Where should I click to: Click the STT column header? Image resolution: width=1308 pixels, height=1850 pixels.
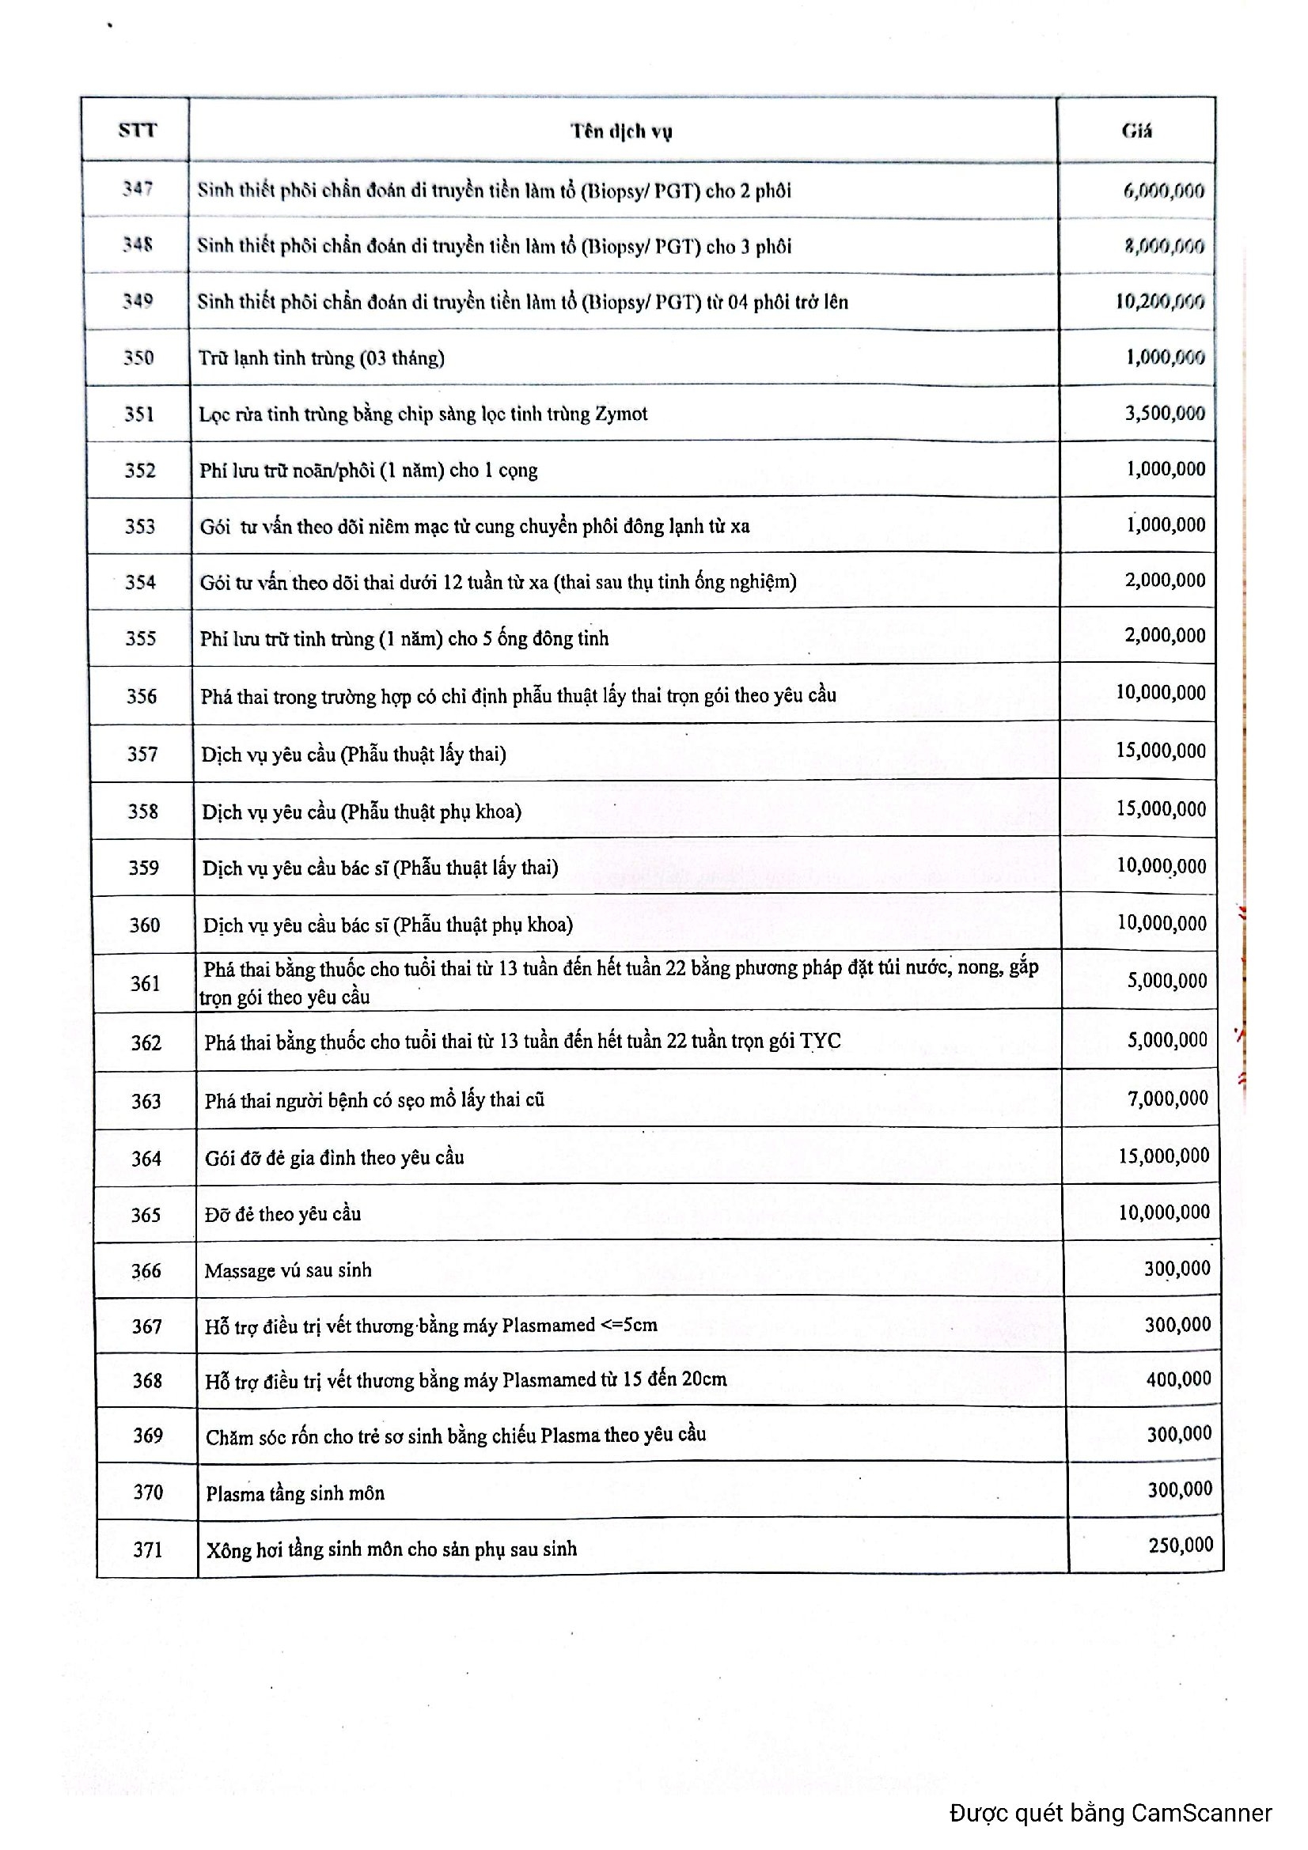point(137,130)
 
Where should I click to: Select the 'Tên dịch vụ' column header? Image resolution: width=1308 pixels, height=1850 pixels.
point(621,131)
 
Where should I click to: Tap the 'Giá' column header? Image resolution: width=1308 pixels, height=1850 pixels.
point(1136,131)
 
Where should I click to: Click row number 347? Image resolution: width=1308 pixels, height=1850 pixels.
point(138,188)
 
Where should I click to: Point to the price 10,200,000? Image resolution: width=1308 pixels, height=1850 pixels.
point(1160,301)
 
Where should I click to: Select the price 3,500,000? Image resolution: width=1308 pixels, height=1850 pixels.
point(1165,414)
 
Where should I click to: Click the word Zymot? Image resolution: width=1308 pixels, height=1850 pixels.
point(620,414)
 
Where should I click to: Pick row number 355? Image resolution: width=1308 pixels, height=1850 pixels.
point(140,638)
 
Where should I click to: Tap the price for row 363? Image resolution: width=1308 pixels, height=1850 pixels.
point(1168,1099)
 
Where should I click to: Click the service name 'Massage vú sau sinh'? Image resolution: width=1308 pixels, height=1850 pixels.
point(288,1271)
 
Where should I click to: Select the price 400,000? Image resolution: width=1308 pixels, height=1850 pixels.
point(1178,1379)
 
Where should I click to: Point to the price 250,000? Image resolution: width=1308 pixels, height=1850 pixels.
point(1181,1545)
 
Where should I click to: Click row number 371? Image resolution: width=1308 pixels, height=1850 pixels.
point(147,1549)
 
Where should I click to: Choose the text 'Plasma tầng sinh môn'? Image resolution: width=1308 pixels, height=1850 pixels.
point(295,1493)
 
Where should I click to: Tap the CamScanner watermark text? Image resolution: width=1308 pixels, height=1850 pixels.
point(1110,1813)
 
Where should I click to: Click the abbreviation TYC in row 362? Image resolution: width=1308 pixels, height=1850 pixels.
point(820,1041)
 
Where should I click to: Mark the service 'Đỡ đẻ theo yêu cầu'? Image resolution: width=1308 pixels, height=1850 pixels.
point(282,1214)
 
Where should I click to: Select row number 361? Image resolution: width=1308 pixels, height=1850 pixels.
point(145,983)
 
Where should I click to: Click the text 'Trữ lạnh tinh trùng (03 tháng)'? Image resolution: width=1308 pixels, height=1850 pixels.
point(321,358)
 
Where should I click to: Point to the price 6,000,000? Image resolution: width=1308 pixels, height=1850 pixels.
point(1163,191)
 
